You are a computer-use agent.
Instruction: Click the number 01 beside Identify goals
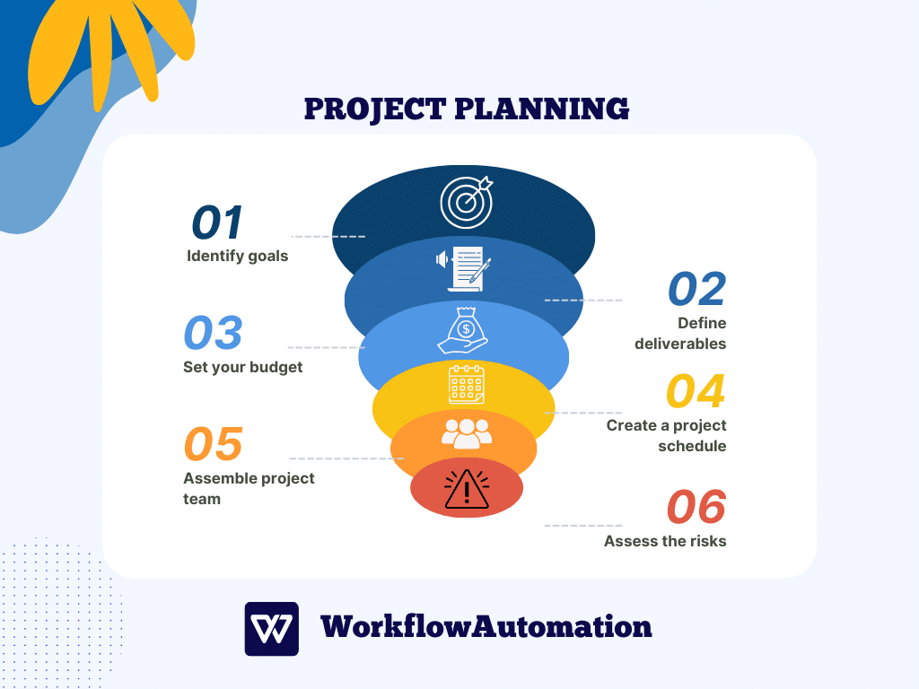pos(217,222)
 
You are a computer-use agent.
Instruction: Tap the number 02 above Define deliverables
pos(696,289)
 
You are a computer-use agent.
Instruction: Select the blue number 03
pos(213,333)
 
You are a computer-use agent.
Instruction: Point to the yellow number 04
pos(696,391)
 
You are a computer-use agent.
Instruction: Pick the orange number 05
pos(214,444)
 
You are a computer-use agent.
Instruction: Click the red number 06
pos(696,508)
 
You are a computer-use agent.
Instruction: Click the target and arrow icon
pos(467,202)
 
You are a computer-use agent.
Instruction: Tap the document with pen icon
pos(465,266)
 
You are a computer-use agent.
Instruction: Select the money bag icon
pos(463,330)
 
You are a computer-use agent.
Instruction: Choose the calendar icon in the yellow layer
pos(466,384)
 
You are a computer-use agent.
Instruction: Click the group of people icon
pos(467,433)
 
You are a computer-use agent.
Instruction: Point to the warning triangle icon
pos(467,489)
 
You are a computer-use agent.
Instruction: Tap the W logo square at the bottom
pos(271,628)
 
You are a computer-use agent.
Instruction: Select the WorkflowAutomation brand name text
pos(486,626)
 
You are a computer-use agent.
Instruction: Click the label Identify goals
pos(238,256)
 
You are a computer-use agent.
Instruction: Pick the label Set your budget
pos(243,367)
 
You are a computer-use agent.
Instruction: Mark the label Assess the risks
pos(665,541)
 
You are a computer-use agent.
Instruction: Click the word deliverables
pos(680,344)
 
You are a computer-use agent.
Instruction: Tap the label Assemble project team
pos(249,488)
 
